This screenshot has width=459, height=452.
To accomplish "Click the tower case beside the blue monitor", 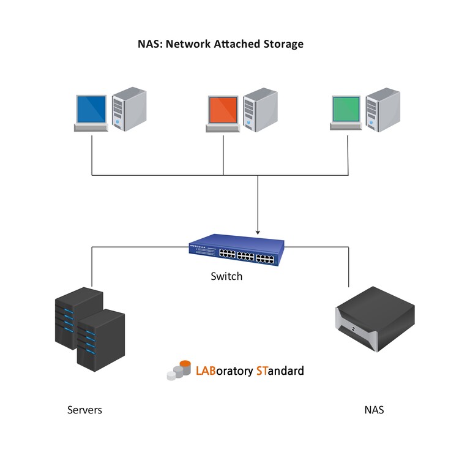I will point(129,110).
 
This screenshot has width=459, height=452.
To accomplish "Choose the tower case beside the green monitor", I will point(383,110).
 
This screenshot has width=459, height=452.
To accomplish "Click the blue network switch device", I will point(236,250).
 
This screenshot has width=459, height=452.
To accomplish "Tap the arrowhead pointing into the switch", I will point(258,232).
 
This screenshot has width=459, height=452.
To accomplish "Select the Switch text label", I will point(226,276).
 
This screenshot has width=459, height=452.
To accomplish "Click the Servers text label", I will point(84,410).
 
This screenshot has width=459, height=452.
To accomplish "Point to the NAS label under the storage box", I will point(373,410).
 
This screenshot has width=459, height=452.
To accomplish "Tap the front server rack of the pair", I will point(101,339).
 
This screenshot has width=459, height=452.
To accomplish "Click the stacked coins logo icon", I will point(179,370).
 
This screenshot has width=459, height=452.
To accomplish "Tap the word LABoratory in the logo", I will point(223,371).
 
